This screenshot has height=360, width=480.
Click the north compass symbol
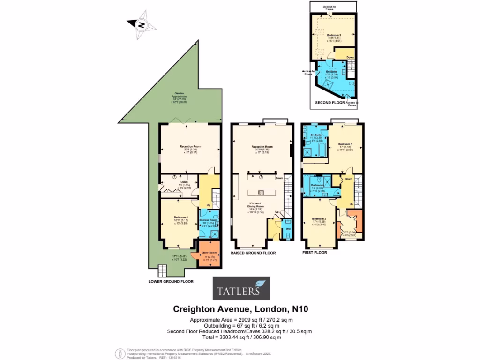tap(140, 25)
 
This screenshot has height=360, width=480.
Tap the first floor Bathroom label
tap(318, 185)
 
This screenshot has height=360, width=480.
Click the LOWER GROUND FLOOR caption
tap(171, 282)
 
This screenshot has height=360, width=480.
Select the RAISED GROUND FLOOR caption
tap(253, 253)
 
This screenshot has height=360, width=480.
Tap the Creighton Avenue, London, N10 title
tap(240, 309)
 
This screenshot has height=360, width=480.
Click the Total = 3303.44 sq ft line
tap(240, 337)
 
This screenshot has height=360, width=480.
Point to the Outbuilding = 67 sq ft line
tap(240, 325)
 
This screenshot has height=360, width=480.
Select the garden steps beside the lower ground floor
tap(162, 270)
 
